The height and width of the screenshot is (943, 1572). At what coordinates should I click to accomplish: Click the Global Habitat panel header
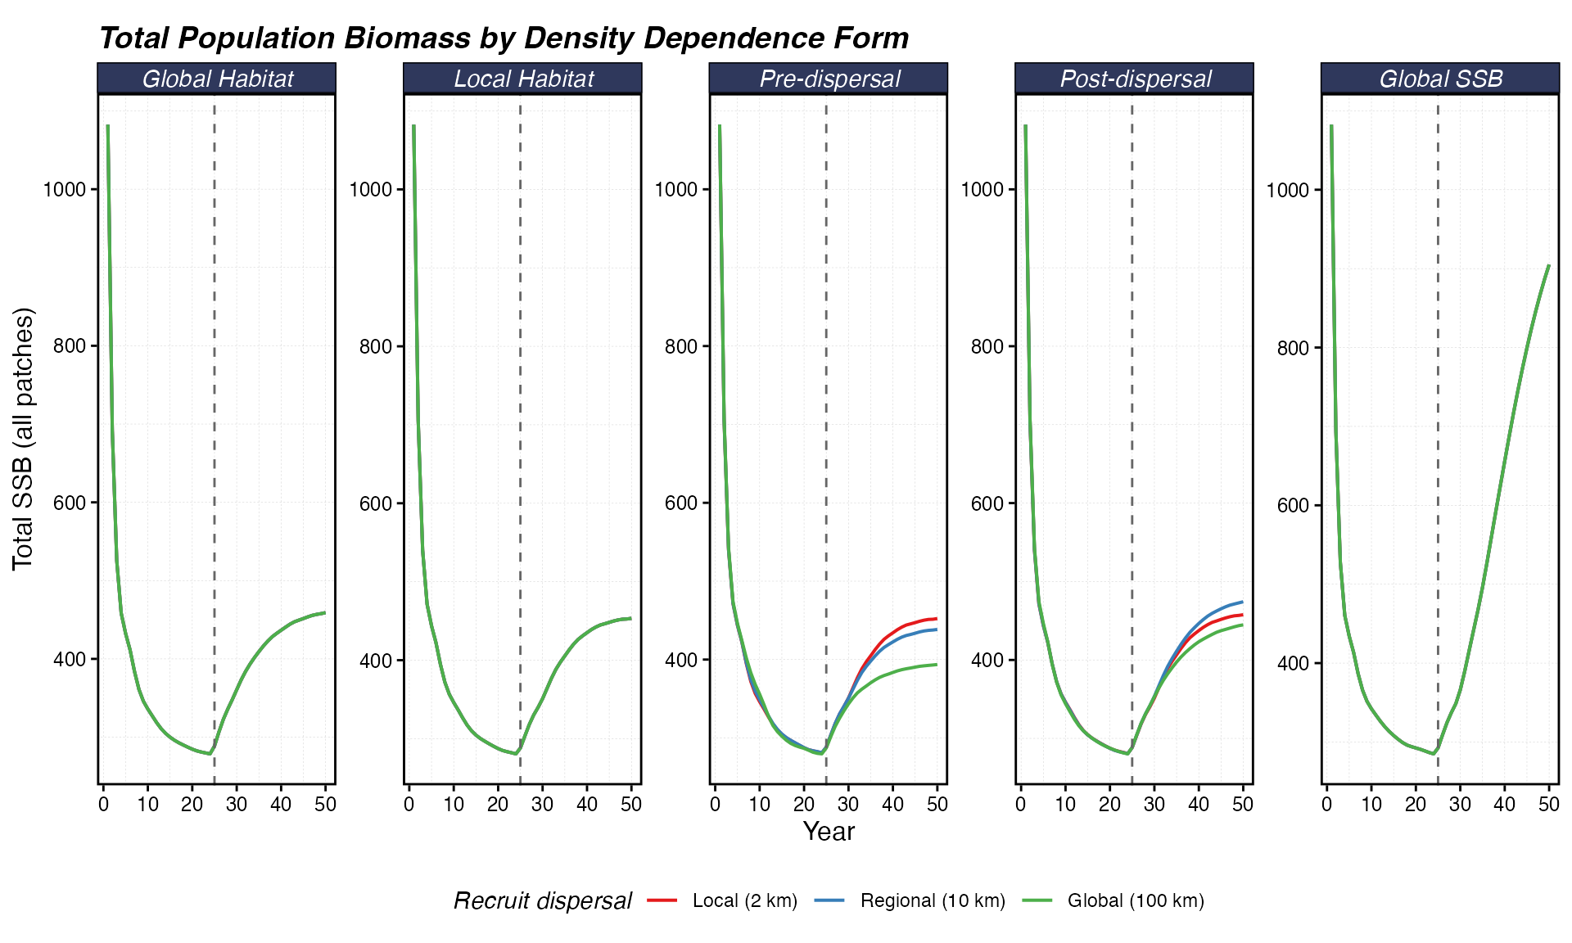[x=217, y=79]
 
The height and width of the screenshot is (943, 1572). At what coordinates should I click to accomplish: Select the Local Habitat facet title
[x=523, y=79]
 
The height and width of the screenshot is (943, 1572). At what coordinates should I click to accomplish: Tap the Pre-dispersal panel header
[x=829, y=79]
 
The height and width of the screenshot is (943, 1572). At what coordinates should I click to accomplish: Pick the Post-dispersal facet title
[x=1135, y=79]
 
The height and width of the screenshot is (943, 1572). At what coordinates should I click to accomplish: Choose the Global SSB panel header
[x=1440, y=79]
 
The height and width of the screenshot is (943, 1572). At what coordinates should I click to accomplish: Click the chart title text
[x=504, y=38]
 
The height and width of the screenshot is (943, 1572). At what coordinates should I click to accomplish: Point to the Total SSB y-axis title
[x=23, y=439]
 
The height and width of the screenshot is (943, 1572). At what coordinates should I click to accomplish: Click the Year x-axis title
[x=829, y=832]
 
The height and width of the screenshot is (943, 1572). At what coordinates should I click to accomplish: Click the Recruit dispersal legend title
[x=542, y=900]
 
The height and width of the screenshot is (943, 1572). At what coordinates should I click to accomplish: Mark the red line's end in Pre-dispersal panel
[x=937, y=618]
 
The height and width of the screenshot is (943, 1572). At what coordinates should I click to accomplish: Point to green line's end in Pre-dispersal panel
[x=937, y=664]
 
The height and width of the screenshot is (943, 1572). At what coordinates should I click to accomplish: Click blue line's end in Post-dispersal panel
[x=1243, y=602]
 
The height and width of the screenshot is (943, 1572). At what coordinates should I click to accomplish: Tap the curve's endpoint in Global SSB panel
[x=1549, y=264]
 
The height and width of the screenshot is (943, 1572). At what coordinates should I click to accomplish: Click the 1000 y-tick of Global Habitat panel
[x=64, y=189]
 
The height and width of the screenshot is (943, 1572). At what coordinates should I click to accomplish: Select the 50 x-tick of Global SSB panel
[x=1548, y=805]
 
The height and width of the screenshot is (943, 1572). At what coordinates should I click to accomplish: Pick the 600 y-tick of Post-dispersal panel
[x=986, y=503]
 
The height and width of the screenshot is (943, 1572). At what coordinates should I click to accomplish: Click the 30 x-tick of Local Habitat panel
[x=542, y=805]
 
